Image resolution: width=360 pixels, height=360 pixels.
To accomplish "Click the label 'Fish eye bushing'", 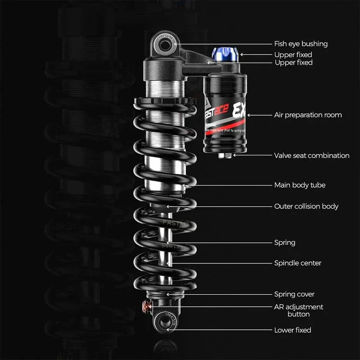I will click(x=300, y=44).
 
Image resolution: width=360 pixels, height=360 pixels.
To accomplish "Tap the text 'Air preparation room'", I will click(x=308, y=115).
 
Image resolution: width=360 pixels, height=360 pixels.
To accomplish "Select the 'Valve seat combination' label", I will click(x=312, y=156).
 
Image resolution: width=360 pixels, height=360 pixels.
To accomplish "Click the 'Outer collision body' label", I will click(x=306, y=206).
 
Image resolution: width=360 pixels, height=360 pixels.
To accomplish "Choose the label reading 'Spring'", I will click(x=285, y=242).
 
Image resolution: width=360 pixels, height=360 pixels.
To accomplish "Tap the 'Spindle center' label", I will click(x=298, y=263).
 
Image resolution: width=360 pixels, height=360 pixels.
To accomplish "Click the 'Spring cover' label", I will click(x=294, y=294).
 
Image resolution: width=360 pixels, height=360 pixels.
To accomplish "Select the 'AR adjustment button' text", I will click(x=299, y=310).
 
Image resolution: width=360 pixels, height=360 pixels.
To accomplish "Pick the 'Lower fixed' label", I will click(x=292, y=330).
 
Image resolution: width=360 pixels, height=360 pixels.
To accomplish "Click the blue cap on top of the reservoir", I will click(x=224, y=55).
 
